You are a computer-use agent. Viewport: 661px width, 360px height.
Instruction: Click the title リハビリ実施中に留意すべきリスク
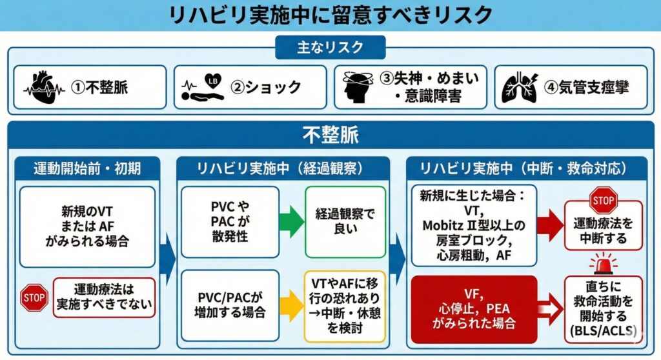pyautogui.click(x=330, y=15)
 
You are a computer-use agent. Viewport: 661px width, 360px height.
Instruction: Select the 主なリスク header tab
pyautogui.click(x=330, y=48)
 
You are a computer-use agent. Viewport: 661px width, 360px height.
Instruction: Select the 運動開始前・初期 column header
pyautogui.click(x=87, y=169)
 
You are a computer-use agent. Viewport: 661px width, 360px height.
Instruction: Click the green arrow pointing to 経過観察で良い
pyautogui.click(x=292, y=221)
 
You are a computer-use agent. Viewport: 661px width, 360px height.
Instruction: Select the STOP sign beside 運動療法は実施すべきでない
pyautogui.click(x=34, y=297)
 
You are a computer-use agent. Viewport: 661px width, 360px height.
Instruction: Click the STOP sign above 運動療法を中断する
pyautogui.click(x=604, y=201)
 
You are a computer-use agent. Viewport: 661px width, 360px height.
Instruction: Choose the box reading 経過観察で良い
pyautogui.click(x=345, y=222)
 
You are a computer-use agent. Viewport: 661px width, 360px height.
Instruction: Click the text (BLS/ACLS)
pyautogui.click(x=604, y=331)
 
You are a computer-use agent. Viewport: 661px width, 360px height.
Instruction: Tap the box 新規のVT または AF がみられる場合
pyautogui.click(x=87, y=226)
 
